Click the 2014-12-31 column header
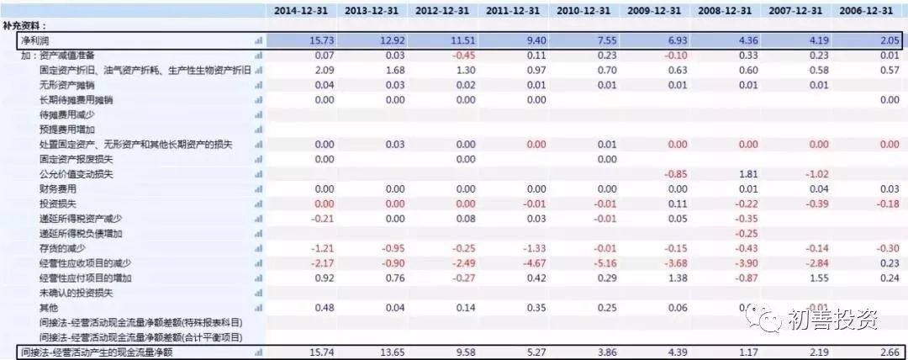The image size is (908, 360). (x=300, y=10)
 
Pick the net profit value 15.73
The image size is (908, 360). (x=312, y=40)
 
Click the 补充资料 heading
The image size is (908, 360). (x=26, y=26)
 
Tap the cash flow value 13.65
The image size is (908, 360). (x=382, y=352)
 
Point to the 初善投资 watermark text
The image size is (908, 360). (x=833, y=320)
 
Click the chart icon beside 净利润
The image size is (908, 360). (x=258, y=40)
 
